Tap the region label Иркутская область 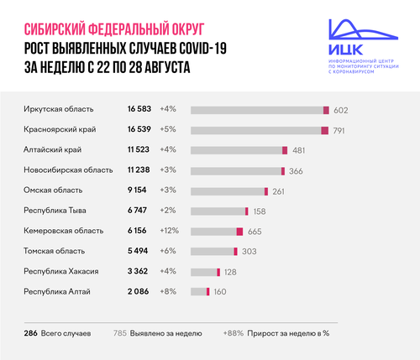[x=59, y=109]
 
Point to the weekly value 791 [x=340, y=130]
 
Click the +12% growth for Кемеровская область [x=167, y=230]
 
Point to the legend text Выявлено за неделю [x=169, y=333]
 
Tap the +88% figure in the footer [x=233, y=333]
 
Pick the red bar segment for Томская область [x=235, y=251]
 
